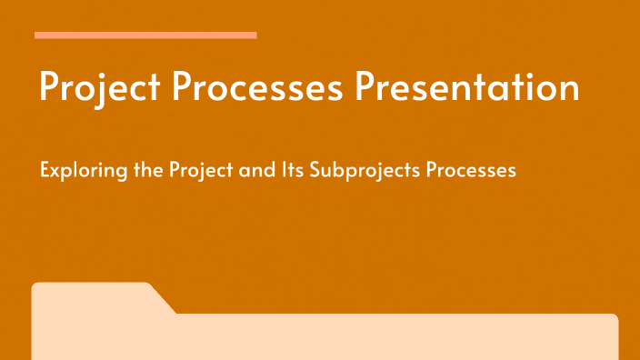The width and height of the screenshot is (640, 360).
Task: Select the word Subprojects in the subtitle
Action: [x=350, y=170]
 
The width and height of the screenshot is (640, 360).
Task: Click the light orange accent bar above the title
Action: [x=145, y=35]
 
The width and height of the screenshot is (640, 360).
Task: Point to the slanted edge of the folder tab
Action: [x=164, y=299]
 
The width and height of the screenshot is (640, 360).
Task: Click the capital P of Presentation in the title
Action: [x=365, y=87]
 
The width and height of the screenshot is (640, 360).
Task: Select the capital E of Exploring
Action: [x=45, y=170]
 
